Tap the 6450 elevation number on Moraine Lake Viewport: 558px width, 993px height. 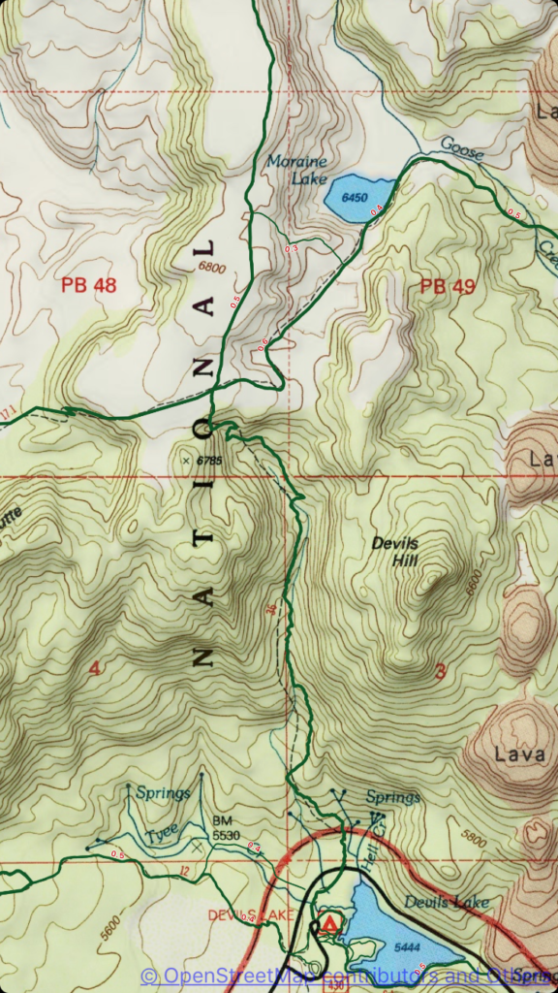point(356,198)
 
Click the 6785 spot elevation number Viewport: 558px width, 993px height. point(207,460)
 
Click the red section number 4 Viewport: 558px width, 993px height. point(94,668)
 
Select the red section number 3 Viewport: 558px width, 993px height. point(441,672)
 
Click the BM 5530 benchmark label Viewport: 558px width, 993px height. point(226,827)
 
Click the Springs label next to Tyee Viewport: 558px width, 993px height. point(162,793)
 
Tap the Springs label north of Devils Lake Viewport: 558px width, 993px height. point(393,797)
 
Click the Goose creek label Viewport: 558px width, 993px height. point(460,147)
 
